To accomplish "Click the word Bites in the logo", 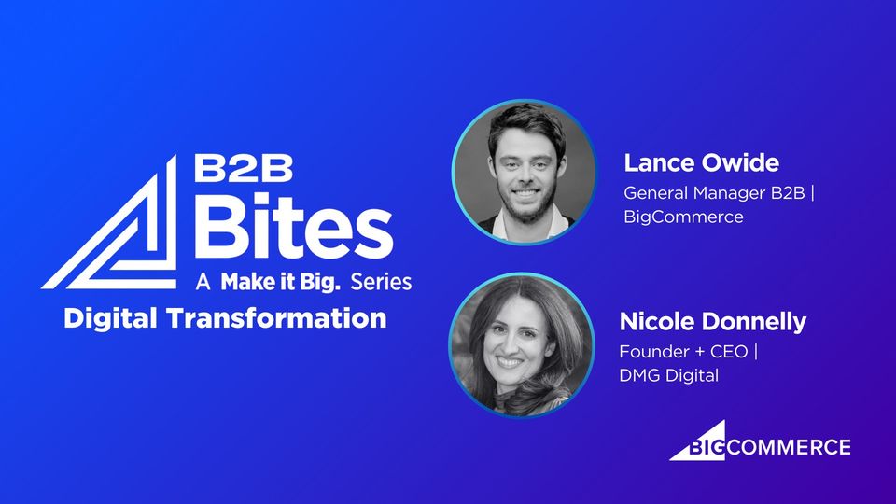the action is (294, 226).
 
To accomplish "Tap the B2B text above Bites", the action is (244, 168).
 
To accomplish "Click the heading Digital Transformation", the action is (225, 318).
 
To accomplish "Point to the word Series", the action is (381, 282).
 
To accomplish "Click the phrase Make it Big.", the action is (281, 282).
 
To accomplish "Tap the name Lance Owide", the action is (701, 162).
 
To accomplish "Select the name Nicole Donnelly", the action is (712, 322).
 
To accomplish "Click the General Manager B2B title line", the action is (719, 193).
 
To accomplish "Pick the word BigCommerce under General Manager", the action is (683, 217).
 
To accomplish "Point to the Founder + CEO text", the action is (689, 352).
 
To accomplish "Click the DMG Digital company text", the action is (669, 375).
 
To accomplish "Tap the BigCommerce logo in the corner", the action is (760, 441).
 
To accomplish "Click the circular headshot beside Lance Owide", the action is (524, 172).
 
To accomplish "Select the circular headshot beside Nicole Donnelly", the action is (521, 345).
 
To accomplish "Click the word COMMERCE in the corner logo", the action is (788, 447).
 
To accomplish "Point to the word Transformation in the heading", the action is (276, 319).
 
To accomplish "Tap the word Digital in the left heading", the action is (110, 319).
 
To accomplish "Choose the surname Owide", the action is (740, 162).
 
